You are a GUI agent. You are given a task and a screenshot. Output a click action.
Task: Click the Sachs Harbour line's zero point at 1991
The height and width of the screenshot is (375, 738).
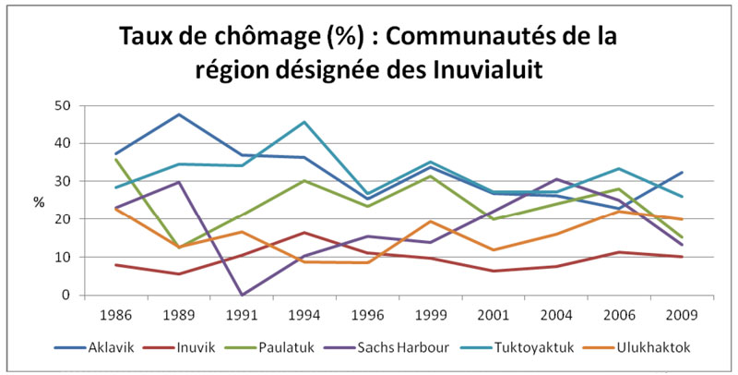pyautogui.click(x=241, y=295)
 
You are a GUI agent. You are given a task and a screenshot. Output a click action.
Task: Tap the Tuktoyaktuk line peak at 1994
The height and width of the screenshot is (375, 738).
pyautogui.click(x=304, y=122)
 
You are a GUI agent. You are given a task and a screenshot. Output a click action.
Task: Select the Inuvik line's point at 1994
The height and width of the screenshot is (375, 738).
pyautogui.click(x=304, y=233)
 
